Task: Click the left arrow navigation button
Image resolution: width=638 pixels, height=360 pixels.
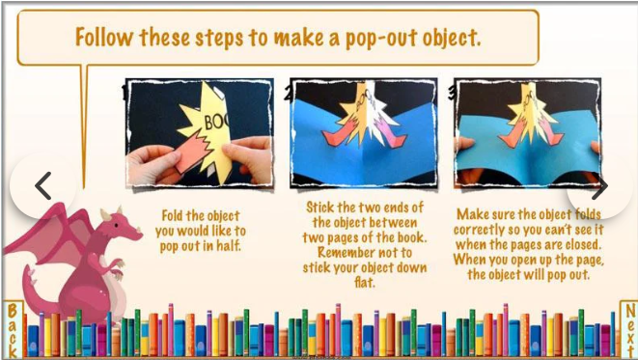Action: click(42, 186)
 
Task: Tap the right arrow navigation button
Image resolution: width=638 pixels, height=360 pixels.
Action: click(599, 186)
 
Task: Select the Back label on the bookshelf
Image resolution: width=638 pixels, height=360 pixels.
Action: click(13, 330)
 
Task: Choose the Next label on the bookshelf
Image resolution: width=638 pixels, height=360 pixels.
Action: click(629, 330)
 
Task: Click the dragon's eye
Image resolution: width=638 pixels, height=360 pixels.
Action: click(117, 225)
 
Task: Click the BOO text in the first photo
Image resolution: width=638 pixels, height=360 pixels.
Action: click(215, 121)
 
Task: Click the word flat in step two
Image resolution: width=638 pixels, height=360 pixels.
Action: click(364, 282)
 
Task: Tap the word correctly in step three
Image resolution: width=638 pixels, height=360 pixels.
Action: click(479, 230)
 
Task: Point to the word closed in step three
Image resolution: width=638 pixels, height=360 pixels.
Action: click(581, 244)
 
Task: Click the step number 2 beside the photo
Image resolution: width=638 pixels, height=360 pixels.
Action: click(288, 94)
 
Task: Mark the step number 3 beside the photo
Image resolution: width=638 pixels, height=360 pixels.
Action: click(452, 93)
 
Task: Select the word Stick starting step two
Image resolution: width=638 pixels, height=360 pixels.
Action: click(319, 208)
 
